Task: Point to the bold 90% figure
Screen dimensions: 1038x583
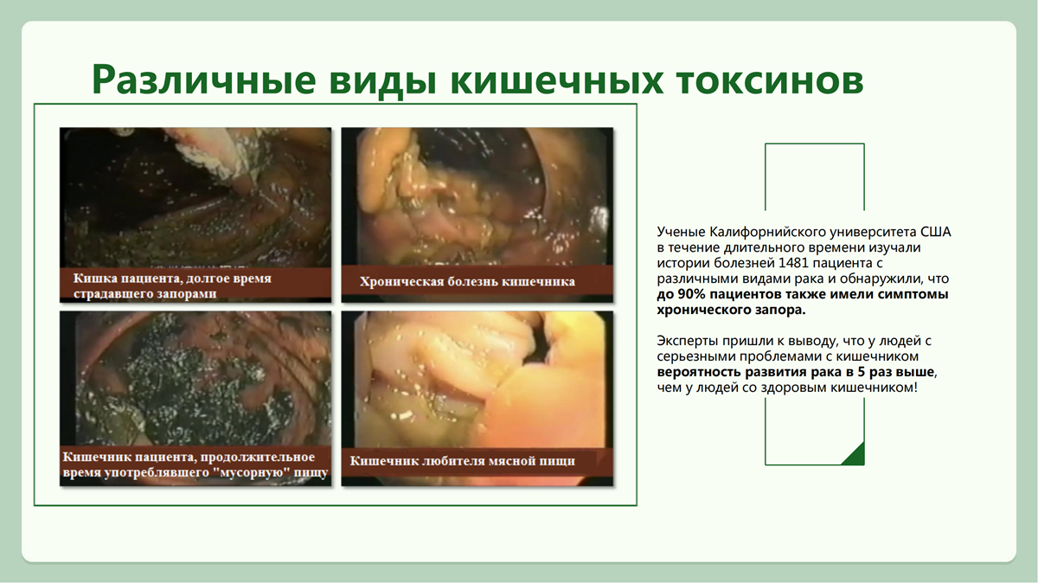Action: pos(690,294)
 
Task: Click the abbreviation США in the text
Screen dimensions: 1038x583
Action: pos(935,232)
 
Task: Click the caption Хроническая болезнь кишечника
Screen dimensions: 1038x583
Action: pos(467,281)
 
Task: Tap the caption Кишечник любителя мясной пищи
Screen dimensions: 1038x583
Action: pos(462,461)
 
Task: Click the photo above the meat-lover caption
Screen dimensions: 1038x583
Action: pos(477,380)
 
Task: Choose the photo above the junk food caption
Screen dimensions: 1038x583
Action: pos(195,378)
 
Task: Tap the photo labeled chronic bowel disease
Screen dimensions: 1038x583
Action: pos(477,196)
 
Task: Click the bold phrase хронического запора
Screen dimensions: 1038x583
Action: pos(731,310)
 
